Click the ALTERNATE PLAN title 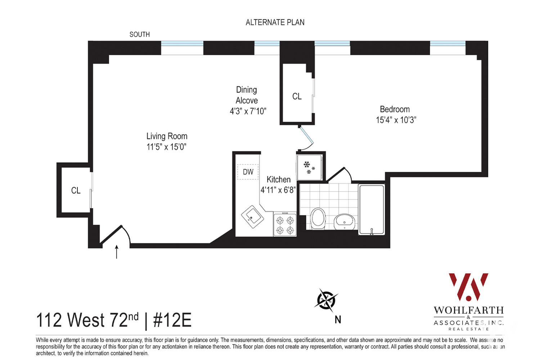click(275, 22)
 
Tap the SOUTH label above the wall click(140, 35)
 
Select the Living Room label click(167, 136)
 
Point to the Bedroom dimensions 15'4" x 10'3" click(396, 120)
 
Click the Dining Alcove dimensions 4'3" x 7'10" click(248, 111)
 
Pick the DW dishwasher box click(248, 172)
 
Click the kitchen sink click(252, 217)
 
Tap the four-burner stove click(284, 225)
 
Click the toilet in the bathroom click(318, 218)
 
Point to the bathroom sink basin click(345, 221)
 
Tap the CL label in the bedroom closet click(297, 96)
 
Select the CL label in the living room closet click(76, 190)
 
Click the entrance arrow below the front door click(116, 252)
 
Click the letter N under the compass click(338, 320)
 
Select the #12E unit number click(172, 320)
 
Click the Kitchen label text click(278, 179)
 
